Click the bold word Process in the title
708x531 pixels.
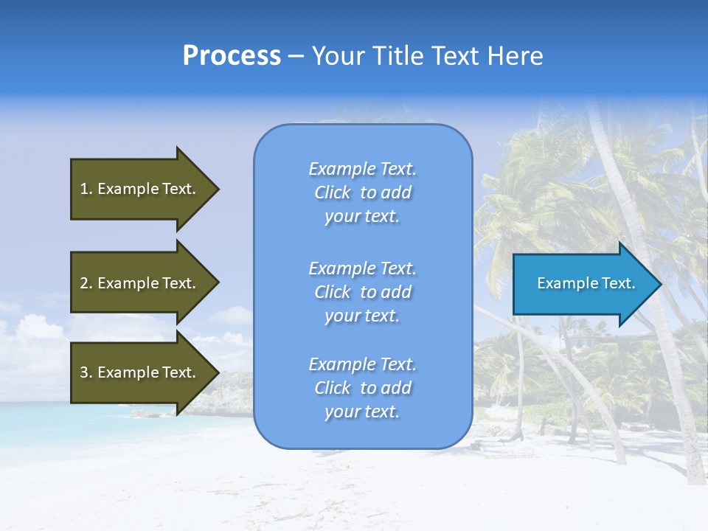coord(232,56)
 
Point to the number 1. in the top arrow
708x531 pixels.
coord(86,189)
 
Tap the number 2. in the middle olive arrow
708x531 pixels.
coord(86,283)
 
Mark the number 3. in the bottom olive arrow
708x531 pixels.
coord(86,372)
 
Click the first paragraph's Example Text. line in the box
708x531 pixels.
coord(362,169)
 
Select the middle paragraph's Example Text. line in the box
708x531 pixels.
coord(362,268)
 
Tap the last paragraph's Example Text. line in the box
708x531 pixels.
coord(362,364)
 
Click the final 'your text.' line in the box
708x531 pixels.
coord(362,412)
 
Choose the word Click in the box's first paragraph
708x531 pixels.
coord(333,192)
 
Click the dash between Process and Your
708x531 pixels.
coord(296,57)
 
